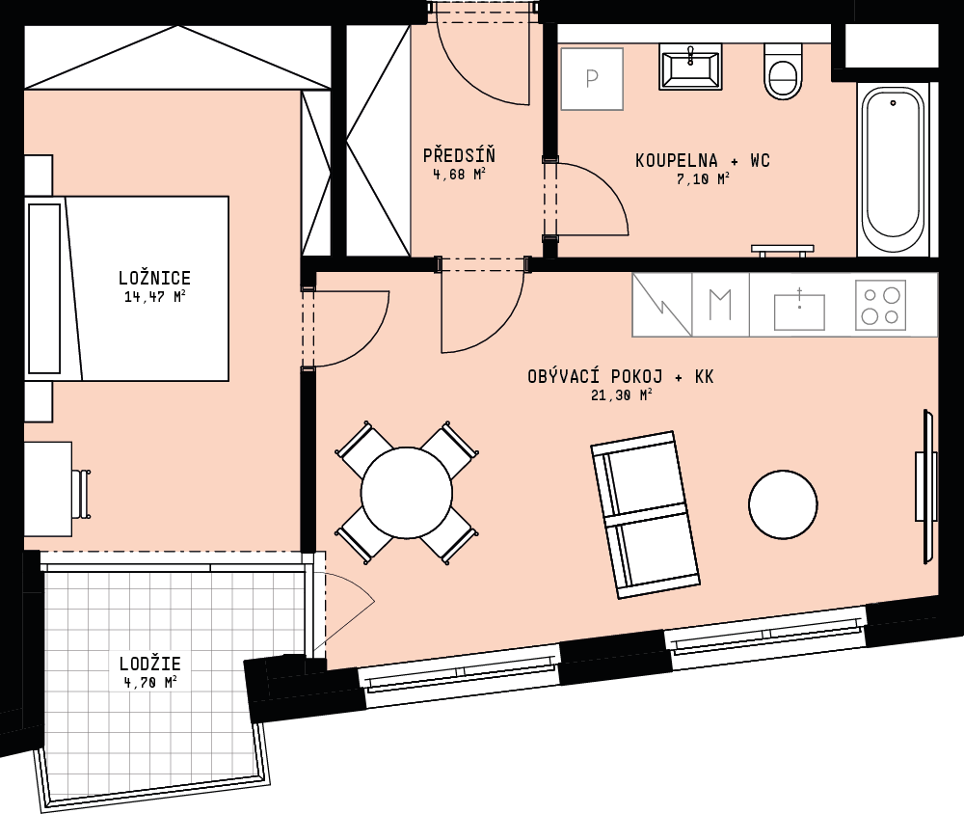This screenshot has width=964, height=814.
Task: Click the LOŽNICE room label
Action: click(x=154, y=278)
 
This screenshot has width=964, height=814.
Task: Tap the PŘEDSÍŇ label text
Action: click(x=459, y=155)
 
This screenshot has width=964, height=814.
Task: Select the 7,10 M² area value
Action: click(x=702, y=179)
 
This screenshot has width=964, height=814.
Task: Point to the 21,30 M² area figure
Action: click(x=621, y=395)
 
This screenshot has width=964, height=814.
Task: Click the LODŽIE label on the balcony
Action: click(x=150, y=664)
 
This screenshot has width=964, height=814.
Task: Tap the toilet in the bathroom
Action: click(x=783, y=72)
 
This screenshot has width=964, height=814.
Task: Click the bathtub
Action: click(x=893, y=171)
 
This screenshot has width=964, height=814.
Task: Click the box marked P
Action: click(x=592, y=79)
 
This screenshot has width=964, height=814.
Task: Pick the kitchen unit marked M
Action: click(x=720, y=305)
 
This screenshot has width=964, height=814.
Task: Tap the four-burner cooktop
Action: click(x=880, y=305)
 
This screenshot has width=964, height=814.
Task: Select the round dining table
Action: click(x=407, y=492)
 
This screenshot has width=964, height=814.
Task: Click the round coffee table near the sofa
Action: click(x=783, y=504)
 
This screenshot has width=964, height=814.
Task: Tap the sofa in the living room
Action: click(x=645, y=514)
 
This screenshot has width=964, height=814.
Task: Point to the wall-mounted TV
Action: click(x=926, y=486)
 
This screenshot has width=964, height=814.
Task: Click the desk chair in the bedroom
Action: click(x=81, y=494)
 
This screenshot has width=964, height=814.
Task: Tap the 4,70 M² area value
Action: click(x=150, y=682)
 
